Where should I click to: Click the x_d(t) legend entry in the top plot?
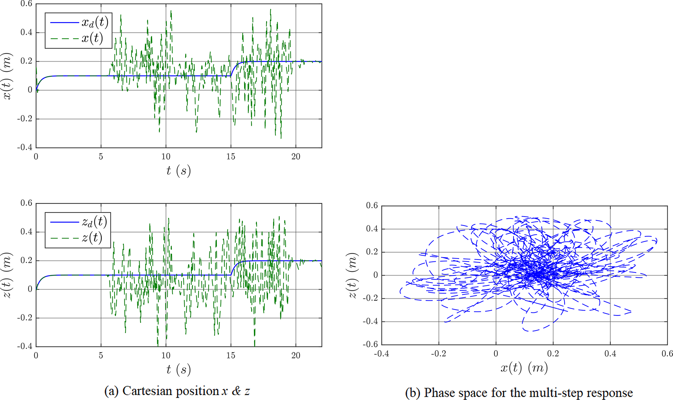(94, 22)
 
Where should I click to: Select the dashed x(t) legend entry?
(92, 39)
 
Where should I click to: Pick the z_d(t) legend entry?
(94, 222)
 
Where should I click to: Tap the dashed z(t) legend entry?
(92, 238)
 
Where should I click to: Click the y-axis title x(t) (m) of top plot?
(7, 76)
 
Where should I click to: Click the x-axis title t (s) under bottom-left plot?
(178, 370)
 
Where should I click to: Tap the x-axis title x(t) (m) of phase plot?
(524, 368)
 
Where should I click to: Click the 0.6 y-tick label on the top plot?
(26, 4)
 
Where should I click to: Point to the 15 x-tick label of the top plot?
(231, 157)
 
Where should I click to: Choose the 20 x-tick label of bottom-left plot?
(296, 356)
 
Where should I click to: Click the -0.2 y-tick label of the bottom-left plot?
(25, 318)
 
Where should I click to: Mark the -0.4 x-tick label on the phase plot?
(381, 353)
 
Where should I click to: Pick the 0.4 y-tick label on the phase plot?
(372, 229)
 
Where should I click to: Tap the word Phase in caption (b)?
(439, 393)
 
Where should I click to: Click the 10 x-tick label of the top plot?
(166, 157)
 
